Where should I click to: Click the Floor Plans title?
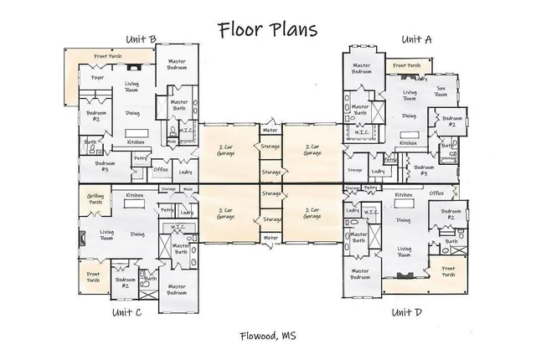click(x=267, y=30)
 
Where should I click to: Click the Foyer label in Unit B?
click(x=85, y=78)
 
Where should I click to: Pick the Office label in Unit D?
click(x=436, y=193)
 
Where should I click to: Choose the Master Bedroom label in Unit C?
click(x=177, y=290)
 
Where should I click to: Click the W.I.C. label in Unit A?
click(x=363, y=132)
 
